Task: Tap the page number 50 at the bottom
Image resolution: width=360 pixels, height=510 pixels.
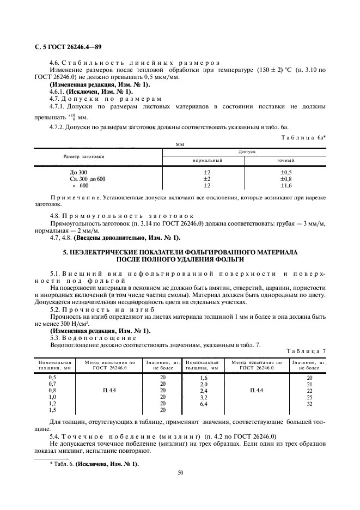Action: [x=180, y=472]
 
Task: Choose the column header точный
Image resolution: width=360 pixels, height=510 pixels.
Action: [x=286, y=161]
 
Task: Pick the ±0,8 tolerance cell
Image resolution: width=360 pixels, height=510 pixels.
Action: [x=286, y=179]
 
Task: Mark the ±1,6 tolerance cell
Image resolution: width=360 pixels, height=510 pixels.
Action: [x=286, y=186]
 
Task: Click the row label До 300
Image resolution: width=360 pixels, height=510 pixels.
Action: [x=71, y=172]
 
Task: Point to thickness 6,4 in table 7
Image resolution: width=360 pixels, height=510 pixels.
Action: [x=204, y=404]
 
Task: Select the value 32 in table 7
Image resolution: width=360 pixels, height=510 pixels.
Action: [x=310, y=404]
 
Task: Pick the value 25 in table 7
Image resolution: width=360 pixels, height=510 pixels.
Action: [x=310, y=398]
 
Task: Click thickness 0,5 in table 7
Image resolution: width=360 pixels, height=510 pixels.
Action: [x=52, y=378]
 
